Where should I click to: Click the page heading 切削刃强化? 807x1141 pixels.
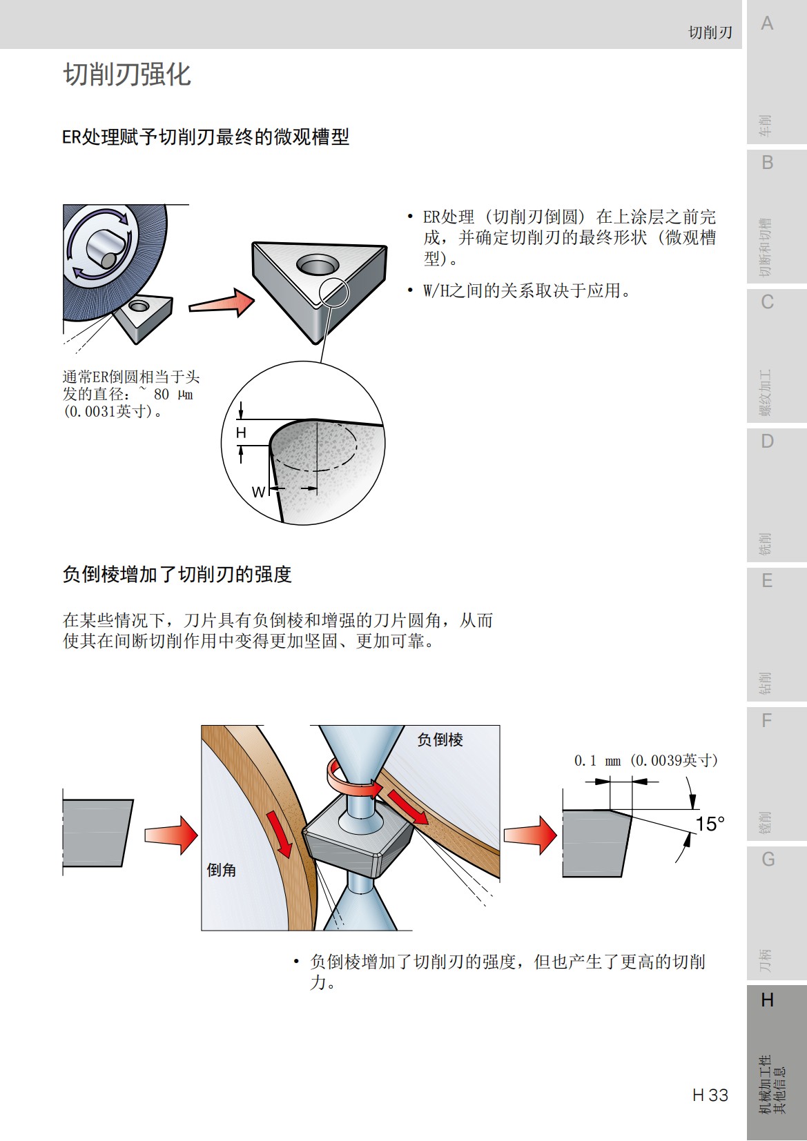[127, 75]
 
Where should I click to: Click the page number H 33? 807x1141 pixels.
[710, 1095]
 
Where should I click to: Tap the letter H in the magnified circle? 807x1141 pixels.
[241, 433]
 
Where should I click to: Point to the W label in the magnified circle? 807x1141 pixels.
[258, 492]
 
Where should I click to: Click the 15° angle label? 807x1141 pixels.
[710, 824]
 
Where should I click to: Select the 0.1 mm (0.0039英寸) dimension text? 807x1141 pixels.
[645, 760]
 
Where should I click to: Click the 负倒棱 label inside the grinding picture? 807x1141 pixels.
[440, 740]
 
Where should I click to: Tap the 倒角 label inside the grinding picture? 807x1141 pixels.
[222, 871]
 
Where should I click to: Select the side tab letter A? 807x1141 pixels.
[767, 24]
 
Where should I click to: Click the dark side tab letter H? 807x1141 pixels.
[767, 1000]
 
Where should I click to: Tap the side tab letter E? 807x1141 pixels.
[767, 581]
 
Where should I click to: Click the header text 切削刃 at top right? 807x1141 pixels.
[710, 32]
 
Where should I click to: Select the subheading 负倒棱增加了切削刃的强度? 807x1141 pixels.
[177, 575]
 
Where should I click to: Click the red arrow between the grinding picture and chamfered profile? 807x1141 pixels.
[529, 835]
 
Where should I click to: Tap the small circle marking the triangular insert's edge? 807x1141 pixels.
[336, 293]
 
